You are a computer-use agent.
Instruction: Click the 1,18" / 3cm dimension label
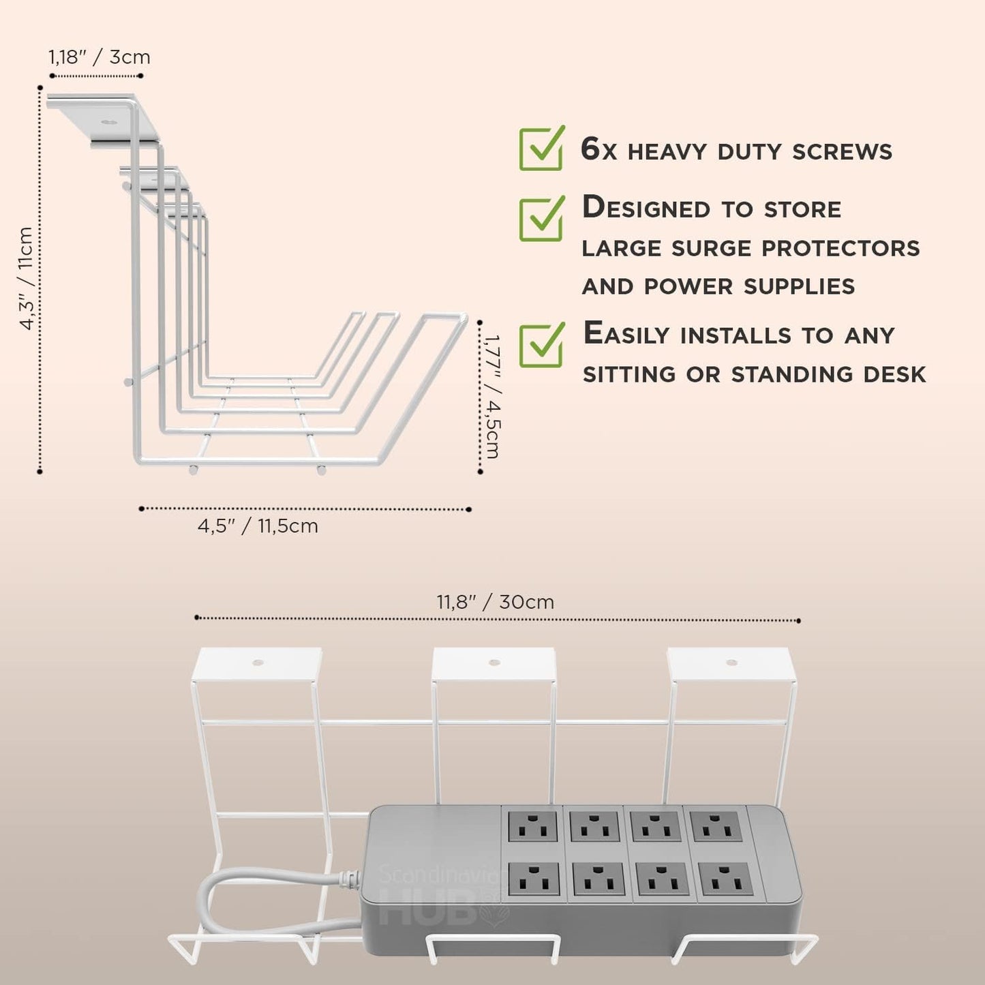pyautogui.click(x=100, y=57)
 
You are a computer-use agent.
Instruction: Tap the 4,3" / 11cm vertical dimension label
pyautogui.click(x=26, y=279)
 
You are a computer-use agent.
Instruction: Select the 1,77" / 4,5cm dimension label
pyautogui.click(x=492, y=396)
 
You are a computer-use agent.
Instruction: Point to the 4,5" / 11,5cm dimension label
pyautogui.click(x=258, y=526)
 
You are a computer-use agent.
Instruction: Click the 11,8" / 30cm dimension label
pyautogui.click(x=496, y=602)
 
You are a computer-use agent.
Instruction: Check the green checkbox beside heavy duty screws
pyautogui.click(x=541, y=149)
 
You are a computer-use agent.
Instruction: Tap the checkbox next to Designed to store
pyautogui.click(x=541, y=219)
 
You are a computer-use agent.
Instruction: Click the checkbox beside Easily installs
pyautogui.click(x=541, y=346)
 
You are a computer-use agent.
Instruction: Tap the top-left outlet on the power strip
pyautogui.click(x=532, y=826)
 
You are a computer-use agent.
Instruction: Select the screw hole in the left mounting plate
pyautogui.click(x=257, y=663)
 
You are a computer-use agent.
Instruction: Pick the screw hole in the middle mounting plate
pyautogui.click(x=495, y=663)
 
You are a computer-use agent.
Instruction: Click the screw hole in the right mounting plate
pyautogui.click(x=731, y=663)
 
